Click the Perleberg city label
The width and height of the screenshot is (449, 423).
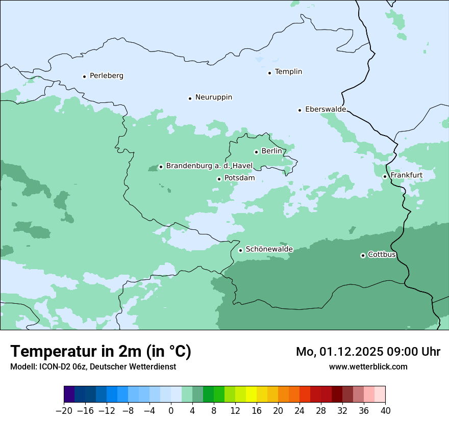click(x=106, y=76)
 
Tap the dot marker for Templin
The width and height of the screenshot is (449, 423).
click(x=269, y=73)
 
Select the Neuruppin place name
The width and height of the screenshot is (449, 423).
click(x=213, y=97)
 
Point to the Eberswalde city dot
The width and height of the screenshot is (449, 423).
click(x=300, y=110)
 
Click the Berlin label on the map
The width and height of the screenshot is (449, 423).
click(x=271, y=151)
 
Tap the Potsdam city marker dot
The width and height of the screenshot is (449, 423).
click(x=219, y=179)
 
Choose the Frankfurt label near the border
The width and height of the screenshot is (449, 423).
click(x=406, y=175)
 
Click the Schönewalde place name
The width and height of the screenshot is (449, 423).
click(x=269, y=250)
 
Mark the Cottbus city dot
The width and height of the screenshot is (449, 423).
click(x=363, y=255)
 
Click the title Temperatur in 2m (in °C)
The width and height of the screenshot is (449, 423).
click(x=101, y=351)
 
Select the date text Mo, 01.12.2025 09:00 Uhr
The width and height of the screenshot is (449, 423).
click(x=368, y=352)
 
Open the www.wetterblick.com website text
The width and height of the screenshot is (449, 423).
click(x=368, y=366)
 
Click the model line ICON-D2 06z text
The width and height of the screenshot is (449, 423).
click(x=93, y=366)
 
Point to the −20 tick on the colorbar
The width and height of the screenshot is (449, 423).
click(x=64, y=411)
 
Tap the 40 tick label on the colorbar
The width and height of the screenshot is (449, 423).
click(x=385, y=411)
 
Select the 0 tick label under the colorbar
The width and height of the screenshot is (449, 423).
click(x=171, y=411)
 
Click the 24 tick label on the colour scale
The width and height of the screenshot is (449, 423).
click(x=300, y=411)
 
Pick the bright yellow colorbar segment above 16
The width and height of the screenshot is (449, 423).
click(x=251, y=394)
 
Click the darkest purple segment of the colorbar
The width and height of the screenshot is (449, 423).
click(x=69, y=394)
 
